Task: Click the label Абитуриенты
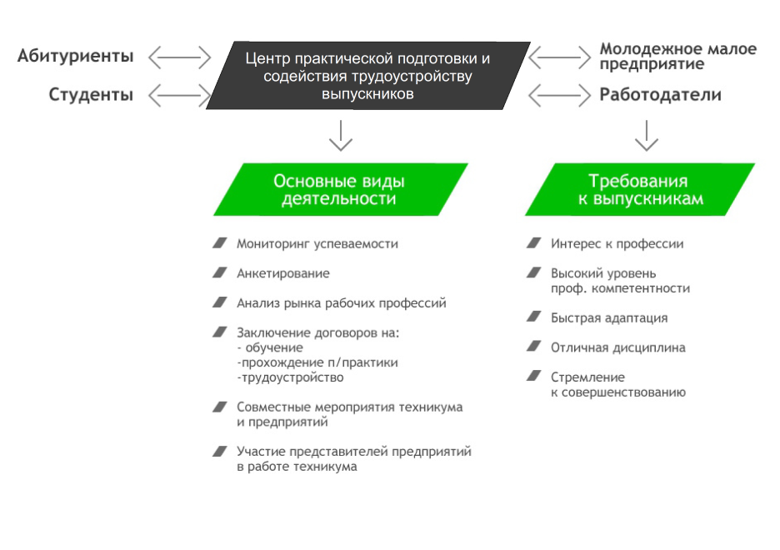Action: [x=76, y=57]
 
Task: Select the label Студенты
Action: [x=91, y=94]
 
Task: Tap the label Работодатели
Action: [x=660, y=94]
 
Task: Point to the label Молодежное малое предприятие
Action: [x=678, y=56]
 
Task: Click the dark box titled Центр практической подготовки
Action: [x=368, y=76]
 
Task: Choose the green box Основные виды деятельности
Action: [x=341, y=189]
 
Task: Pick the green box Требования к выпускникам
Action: [x=640, y=189]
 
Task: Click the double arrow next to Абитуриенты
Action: [x=179, y=57]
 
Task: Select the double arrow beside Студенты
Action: [x=179, y=95]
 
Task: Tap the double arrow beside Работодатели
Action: [x=560, y=95]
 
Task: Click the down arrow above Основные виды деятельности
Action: [x=341, y=135]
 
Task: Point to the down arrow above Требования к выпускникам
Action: [x=647, y=135]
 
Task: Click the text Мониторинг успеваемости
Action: [x=317, y=244]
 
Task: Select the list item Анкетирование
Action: [x=283, y=273]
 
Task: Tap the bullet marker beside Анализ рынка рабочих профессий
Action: [x=220, y=302]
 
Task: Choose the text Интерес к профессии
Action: [x=617, y=244]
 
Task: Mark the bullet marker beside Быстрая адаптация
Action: [x=534, y=317]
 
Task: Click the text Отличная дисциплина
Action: [x=617, y=347]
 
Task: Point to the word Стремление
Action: [x=587, y=377]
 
